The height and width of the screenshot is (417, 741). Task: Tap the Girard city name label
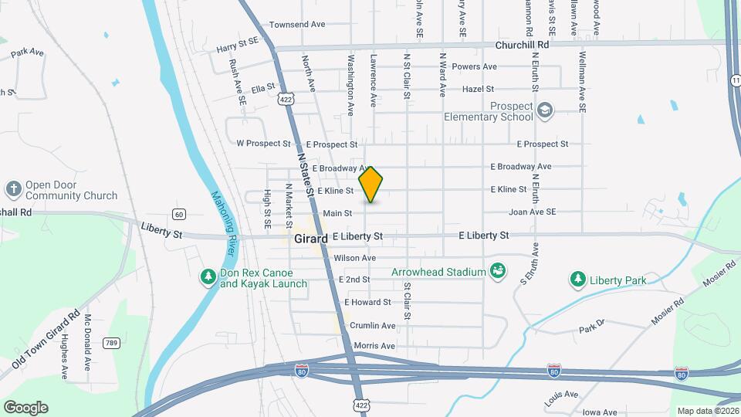[311, 239]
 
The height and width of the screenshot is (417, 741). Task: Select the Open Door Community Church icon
[13, 189]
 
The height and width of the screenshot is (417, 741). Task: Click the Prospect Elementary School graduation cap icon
[546, 110]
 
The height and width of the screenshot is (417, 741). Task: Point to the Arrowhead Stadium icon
[498, 271]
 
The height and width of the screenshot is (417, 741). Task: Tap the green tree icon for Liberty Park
[577, 280]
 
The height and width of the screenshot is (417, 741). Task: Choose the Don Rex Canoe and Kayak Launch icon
[208, 276]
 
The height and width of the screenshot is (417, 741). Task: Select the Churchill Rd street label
[522, 46]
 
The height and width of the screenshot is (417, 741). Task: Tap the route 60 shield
[179, 214]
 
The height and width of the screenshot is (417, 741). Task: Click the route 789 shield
[112, 343]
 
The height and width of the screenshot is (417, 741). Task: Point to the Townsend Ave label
[297, 25]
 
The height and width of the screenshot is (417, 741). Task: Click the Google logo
[25, 407]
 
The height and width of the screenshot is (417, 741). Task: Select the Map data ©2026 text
[707, 411]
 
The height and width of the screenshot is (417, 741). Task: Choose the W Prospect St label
[263, 144]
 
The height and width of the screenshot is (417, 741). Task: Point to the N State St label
[306, 175]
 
